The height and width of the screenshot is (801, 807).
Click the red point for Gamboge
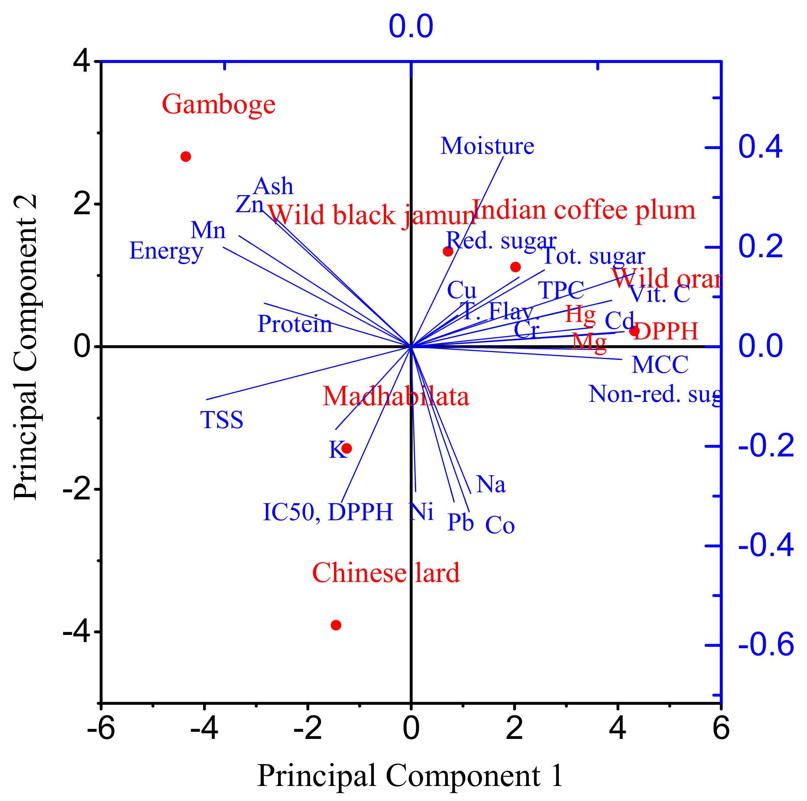point(186,157)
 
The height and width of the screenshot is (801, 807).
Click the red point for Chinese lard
point(336,625)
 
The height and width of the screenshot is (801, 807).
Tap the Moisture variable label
point(487,146)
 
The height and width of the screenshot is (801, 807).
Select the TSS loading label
point(222,420)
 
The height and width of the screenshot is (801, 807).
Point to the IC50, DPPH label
point(328,512)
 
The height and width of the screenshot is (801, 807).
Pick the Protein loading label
point(295,324)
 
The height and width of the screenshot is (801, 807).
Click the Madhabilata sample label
point(396,396)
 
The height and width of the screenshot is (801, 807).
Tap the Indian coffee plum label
point(583,210)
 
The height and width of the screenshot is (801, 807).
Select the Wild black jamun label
point(372,215)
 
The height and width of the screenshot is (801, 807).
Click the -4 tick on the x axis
point(204,729)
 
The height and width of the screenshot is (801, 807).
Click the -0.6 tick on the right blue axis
point(766,645)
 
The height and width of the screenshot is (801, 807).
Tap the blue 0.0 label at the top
point(411,27)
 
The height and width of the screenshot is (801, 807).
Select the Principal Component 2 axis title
point(26,347)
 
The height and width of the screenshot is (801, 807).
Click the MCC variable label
point(660,365)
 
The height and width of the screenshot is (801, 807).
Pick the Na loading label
point(491,484)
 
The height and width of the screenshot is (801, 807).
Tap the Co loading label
point(500,525)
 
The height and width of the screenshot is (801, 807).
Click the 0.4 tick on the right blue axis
point(760,147)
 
